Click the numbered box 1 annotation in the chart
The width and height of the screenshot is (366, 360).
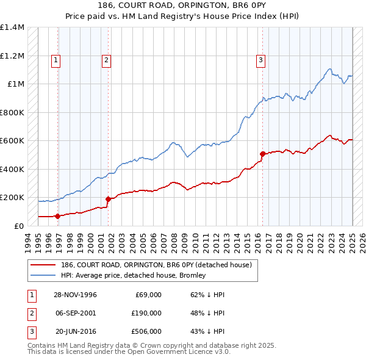click(56, 60)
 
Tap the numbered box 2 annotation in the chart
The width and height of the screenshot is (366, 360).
click(106, 60)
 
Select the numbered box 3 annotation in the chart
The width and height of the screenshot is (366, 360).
click(260, 60)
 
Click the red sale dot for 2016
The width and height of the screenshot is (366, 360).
click(263, 154)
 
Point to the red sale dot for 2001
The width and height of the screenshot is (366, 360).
click(108, 199)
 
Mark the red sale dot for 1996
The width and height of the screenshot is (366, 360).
click(58, 216)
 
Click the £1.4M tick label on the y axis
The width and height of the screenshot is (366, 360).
click(12, 27)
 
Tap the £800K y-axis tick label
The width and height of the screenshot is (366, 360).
click(12, 112)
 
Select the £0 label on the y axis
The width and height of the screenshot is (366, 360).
click(19, 226)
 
